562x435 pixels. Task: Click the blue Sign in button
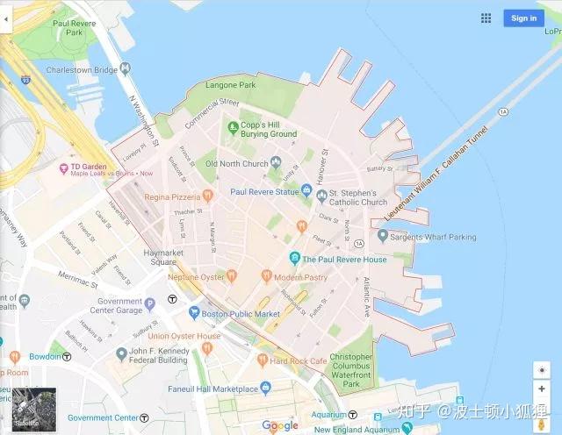tap(523, 18)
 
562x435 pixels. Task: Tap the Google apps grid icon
tap(486, 18)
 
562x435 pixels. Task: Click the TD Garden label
tap(89, 166)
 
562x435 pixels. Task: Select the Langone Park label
tap(230, 85)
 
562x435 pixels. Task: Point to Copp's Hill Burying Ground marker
tap(233, 126)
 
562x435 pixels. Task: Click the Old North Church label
tap(237, 163)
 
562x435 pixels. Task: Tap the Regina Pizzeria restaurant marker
tap(208, 196)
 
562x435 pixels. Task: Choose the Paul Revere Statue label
tap(264, 191)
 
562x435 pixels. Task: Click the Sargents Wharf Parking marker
tap(382, 237)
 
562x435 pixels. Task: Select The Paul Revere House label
tap(344, 260)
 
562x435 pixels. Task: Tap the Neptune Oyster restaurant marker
tap(232, 276)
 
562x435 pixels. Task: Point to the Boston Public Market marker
tap(195, 313)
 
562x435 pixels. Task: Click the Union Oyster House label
tap(184, 336)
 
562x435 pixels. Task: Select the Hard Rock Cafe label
tap(298, 360)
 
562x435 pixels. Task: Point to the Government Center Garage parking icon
tap(150, 304)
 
